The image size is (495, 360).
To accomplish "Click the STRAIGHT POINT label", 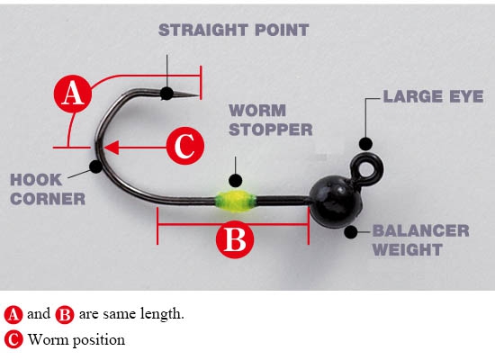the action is click(x=233, y=30).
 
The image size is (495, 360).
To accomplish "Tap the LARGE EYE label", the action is click(x=433, y=96).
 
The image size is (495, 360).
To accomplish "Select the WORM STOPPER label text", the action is click(x=271, y=120).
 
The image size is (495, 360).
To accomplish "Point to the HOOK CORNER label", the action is click(x=48, y=190).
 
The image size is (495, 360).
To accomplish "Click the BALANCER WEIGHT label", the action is click(x=420, y=240).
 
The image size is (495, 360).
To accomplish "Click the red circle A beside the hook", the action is click(x=73, y=94).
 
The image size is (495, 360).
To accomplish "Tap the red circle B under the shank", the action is click(x=235, y=239).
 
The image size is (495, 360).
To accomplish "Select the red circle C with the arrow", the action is click(x=185, y=146).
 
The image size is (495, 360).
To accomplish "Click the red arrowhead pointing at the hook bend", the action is click(x=112, y=148).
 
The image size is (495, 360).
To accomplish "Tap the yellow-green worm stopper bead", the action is click(x=235, y=201).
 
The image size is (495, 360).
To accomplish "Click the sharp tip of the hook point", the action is click(x=199, y=94).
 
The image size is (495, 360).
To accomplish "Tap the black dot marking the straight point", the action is click(x=166, y=94).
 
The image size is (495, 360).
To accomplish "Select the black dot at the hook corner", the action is click(x=95, y=166).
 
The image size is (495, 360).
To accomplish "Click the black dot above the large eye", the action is click(x=365, y=144).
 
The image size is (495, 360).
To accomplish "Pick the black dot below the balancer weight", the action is click(x=351, y=232).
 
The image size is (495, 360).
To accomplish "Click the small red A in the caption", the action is click(x=13, y=314).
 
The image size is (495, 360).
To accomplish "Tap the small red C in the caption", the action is click(x=13, y=340).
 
